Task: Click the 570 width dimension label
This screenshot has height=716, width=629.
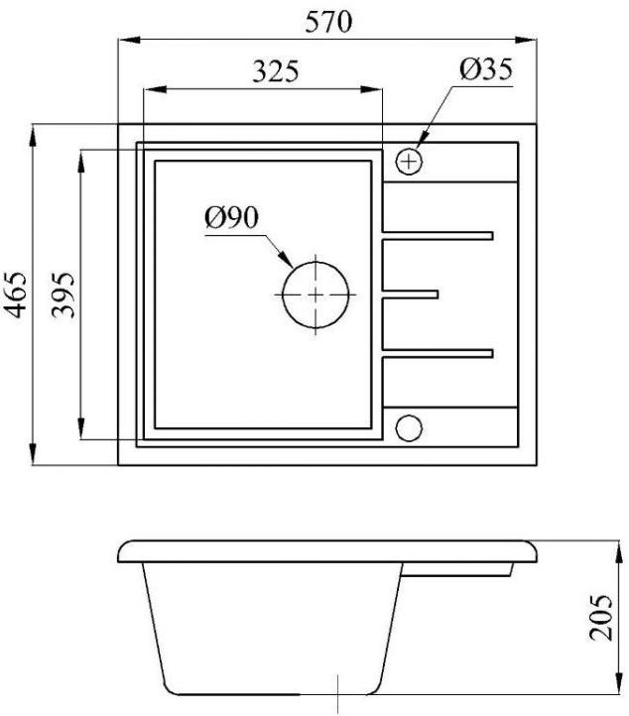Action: coord(328,22)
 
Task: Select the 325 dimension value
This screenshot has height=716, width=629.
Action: coord(276,71)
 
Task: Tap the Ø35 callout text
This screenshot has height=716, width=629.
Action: coord(486,69)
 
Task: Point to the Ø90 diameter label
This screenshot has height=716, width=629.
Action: coord(231,217)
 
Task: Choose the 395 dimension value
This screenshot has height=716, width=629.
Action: coord(63,295)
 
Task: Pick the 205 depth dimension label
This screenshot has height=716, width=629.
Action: coord(600,618)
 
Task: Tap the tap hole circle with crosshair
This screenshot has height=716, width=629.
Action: coord(409,162)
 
